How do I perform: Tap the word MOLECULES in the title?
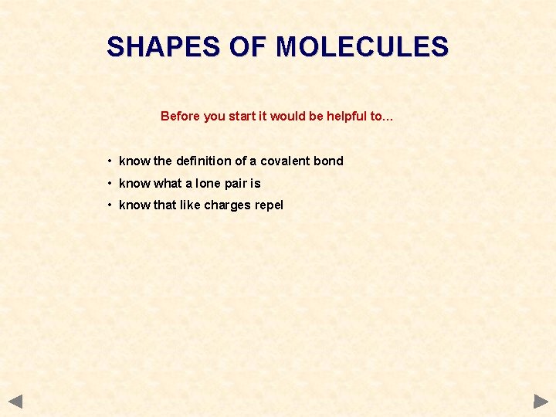tap(362, 47)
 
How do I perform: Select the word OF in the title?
tap(247, 47)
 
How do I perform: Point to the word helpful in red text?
tap(347, 116)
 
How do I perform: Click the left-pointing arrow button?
tap(15, 401)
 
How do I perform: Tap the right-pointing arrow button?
tap(541, 401)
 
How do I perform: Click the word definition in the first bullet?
tap(204, 161)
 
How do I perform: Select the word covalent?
tap(285, 161)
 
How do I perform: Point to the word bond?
tap(328, 161)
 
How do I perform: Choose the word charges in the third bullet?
tap(226, 205)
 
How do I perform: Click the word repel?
tap(268, 205)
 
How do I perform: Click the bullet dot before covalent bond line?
tap(111, 161)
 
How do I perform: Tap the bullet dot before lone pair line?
tap(111, 183)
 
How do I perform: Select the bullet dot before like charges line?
tap(111, 205)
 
